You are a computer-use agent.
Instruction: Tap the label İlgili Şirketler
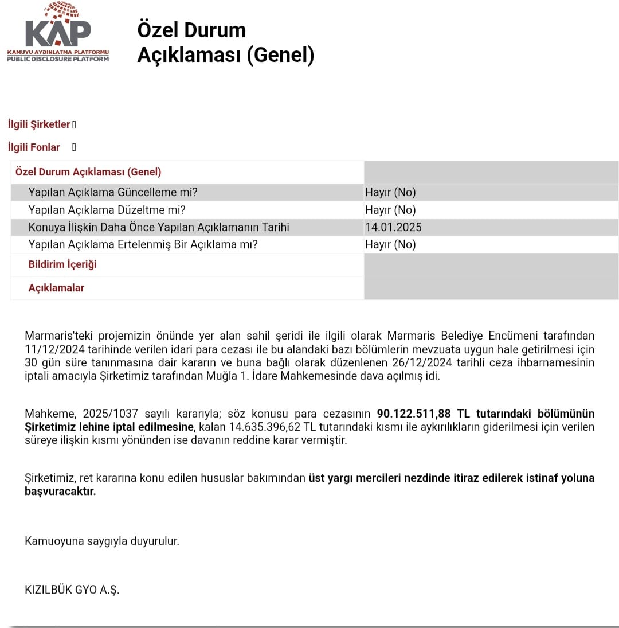point(39,124)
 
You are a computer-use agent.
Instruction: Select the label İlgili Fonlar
point(34,147)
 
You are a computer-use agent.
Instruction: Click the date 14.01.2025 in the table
point(393,227)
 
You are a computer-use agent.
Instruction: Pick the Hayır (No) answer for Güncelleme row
point(390,193)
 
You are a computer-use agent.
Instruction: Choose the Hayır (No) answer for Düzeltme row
point(390,210)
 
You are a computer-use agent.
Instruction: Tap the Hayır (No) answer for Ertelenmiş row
point(390,244)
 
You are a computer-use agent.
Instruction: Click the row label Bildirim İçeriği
point(62,264)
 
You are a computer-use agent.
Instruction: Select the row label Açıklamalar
point(56,288)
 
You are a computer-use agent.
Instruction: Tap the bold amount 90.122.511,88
point(414,414)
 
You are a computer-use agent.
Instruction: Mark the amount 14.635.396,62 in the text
point(265,427)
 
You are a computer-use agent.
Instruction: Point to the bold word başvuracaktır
point(60,492)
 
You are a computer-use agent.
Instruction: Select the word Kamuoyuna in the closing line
point(53,541)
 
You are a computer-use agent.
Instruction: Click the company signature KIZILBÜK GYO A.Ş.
point(72,590)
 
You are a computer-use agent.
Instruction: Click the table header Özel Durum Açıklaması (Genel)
point(88,172)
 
